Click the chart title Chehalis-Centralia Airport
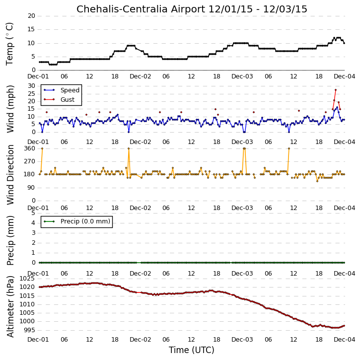(x=141, y=9)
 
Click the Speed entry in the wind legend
(x=70, y=90)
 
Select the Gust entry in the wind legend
(x=68, y=100)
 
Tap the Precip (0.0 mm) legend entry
(x=85, y=221)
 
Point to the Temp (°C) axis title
(x=9, y=44)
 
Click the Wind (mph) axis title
(x=10, y=109)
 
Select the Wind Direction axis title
(x=10, y=175)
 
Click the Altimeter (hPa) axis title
(x=10, y=306)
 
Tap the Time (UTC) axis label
(x=192, y=350)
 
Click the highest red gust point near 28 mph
(x=336, y=90)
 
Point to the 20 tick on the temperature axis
(x=31, y=16)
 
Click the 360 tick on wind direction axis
(x=30, y=148)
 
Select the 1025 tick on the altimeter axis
(x=27, y=279)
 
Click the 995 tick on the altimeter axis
(x=30, y=330)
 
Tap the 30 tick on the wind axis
(x=31, y=86)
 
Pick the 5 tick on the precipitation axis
(x=33, y=213)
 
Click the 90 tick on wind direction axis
(x=31, y=188)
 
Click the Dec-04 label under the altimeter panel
(x=345, y=339)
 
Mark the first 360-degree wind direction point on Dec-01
(x=42, y=148)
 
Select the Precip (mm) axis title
(x=10, y=241)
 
